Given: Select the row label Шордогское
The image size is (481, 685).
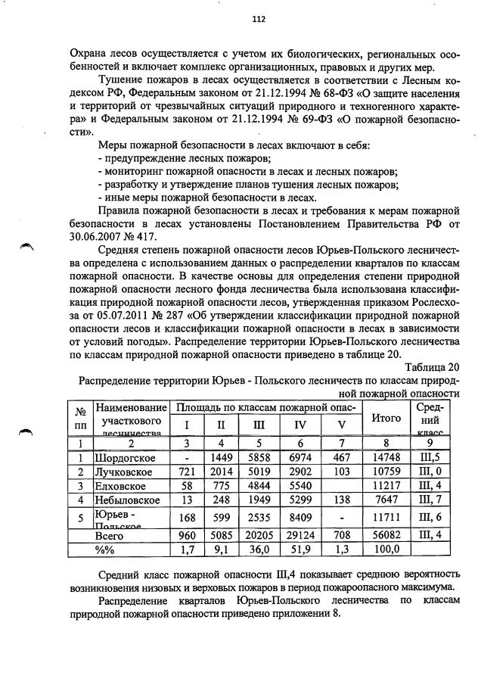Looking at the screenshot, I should [x=126, y=458].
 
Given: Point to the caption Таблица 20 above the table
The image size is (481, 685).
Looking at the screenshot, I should [x=432, y=367].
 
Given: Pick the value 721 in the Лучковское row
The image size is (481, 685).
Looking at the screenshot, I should [x=185, y=472].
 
